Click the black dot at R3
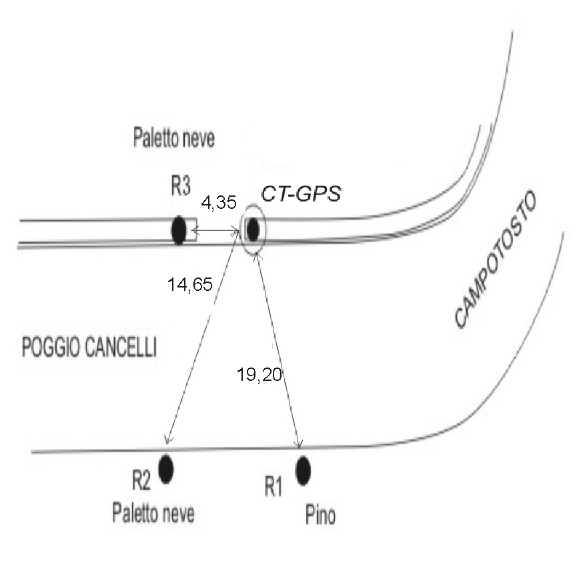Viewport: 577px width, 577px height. point(178,231)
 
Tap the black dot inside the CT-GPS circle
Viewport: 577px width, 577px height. point(253,230)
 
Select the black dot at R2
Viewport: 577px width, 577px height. point(165,468)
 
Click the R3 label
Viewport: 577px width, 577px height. point(180,187)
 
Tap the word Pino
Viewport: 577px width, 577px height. point(320,516)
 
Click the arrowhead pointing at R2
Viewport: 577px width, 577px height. point(167,440)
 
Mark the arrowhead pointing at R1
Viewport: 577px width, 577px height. point(300,444)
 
